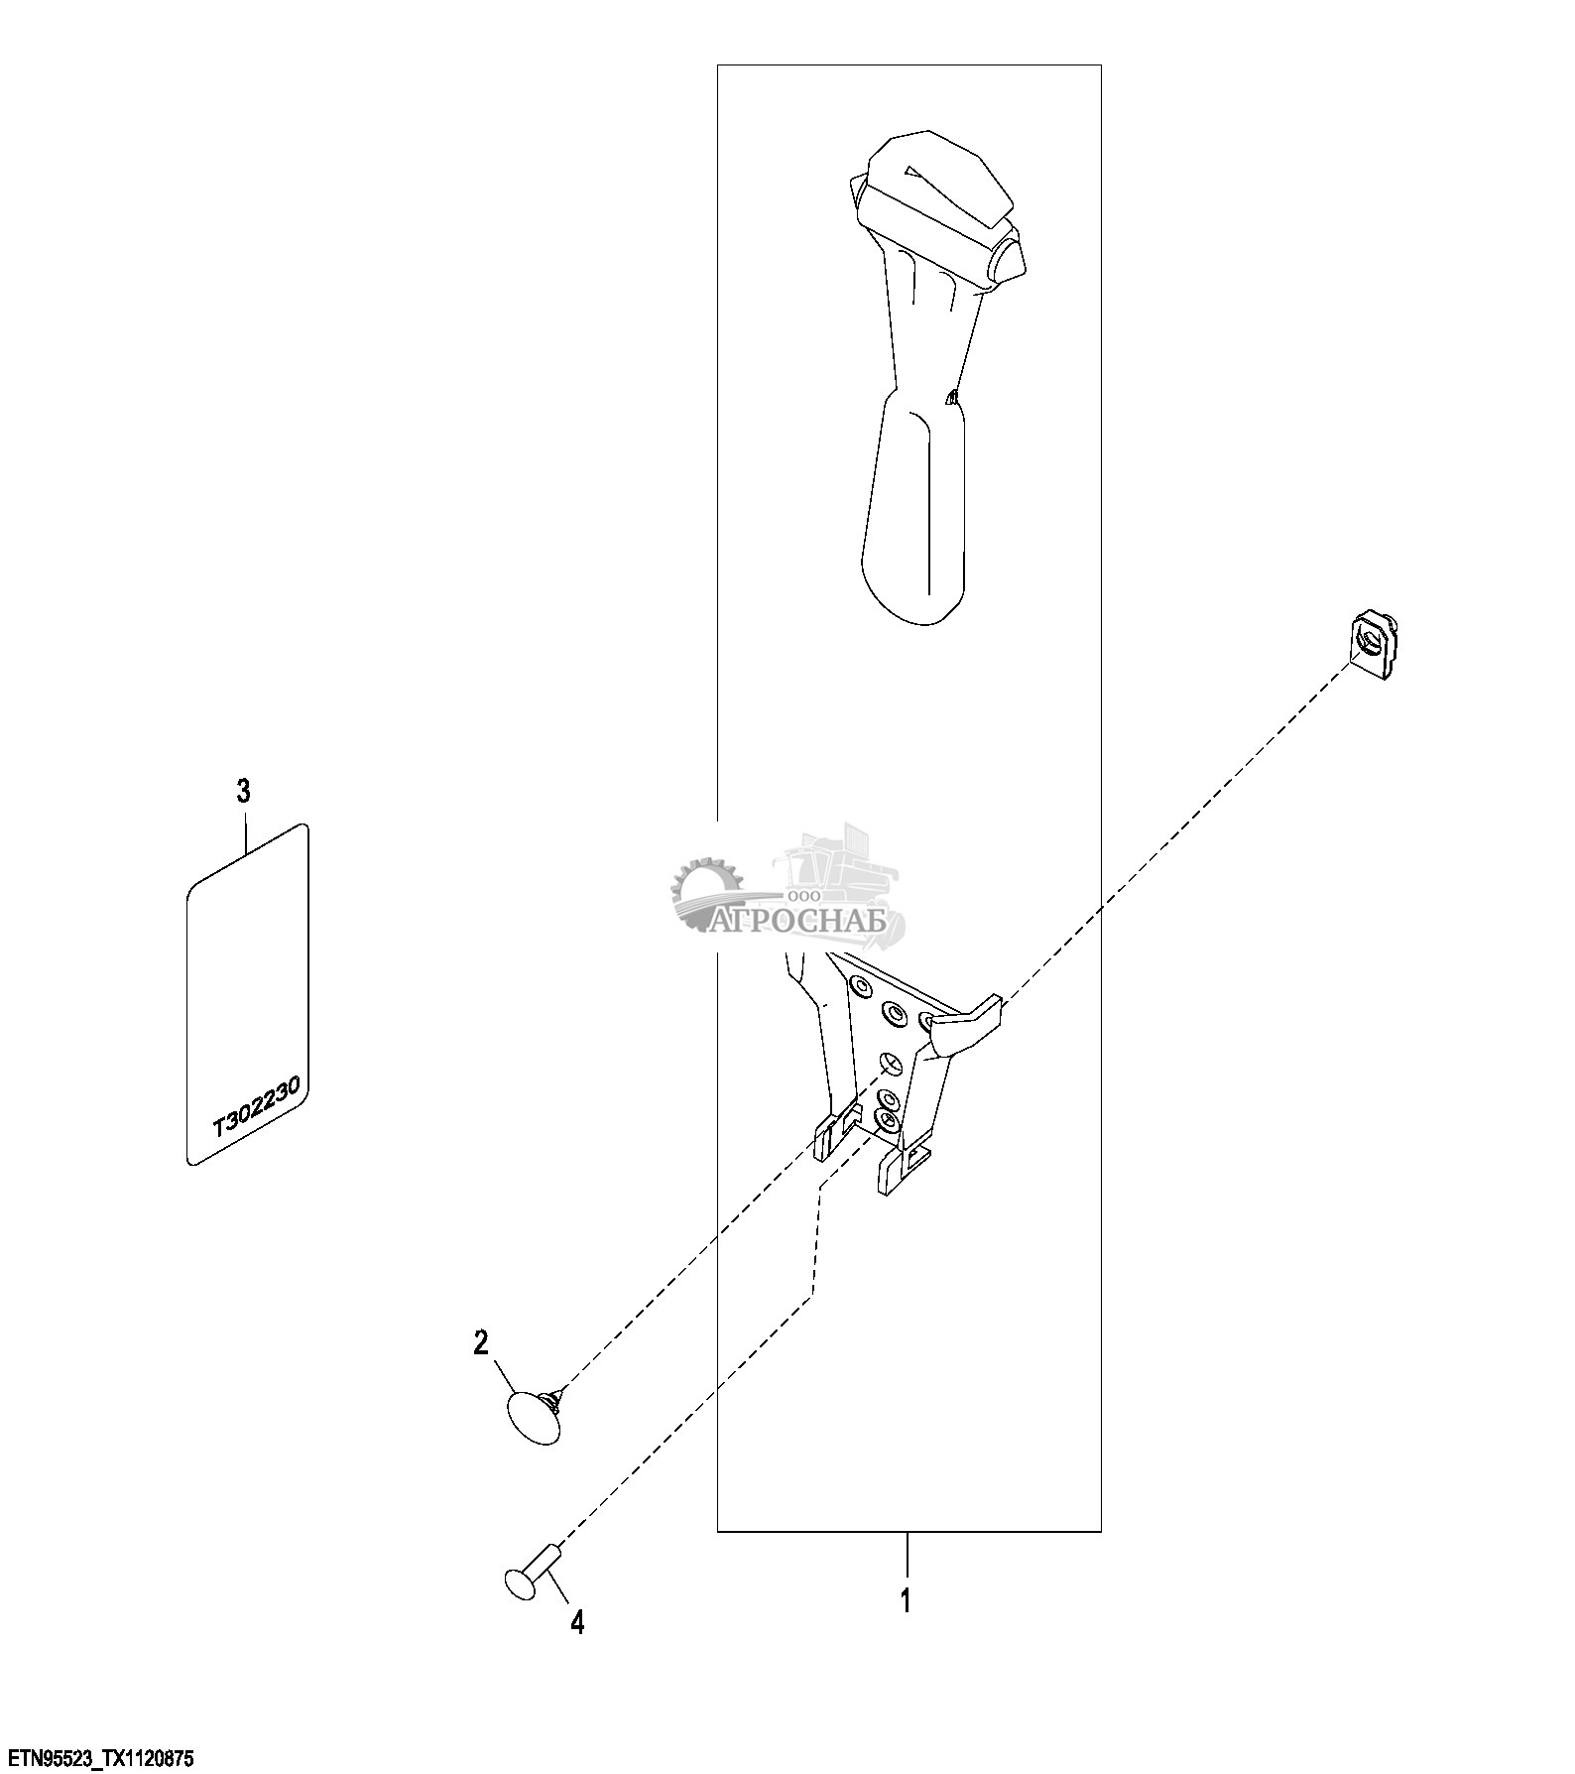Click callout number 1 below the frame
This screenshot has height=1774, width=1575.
coord(905,1600)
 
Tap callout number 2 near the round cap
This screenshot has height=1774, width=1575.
coord(481,1343)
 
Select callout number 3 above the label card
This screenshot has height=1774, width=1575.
coord(243,791)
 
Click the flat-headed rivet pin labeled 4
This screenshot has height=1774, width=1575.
coord(530,1580)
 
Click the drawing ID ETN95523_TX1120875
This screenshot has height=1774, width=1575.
coord(97,1759)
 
